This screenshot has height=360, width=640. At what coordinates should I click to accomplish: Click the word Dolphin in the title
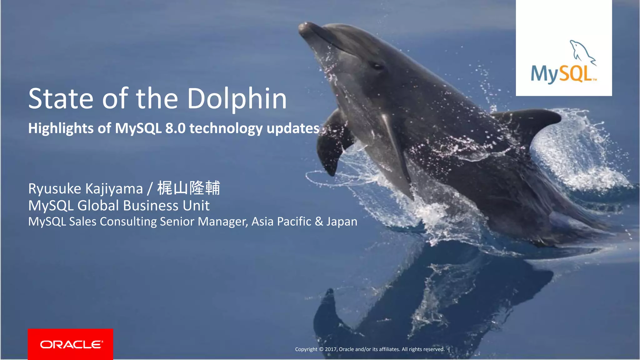[237, 99]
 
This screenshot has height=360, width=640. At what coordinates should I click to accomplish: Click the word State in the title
[61, 99]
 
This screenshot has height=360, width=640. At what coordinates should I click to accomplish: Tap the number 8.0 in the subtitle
[175, 128]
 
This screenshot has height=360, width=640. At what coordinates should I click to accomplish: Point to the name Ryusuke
[55, 189]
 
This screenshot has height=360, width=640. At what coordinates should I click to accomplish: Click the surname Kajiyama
[114, 189]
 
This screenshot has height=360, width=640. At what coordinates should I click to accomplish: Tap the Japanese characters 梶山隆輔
[188, 188]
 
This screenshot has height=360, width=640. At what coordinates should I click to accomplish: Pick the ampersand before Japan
[319, 222]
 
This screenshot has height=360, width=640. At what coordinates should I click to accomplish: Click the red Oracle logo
[70, 344]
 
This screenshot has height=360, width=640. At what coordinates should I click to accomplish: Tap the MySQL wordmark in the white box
[561, 74]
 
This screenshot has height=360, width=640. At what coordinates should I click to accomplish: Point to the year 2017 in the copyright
[330, 349]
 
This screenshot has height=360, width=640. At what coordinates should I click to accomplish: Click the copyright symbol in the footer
[321, 349]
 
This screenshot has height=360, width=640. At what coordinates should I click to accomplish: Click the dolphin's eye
[377, 66]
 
